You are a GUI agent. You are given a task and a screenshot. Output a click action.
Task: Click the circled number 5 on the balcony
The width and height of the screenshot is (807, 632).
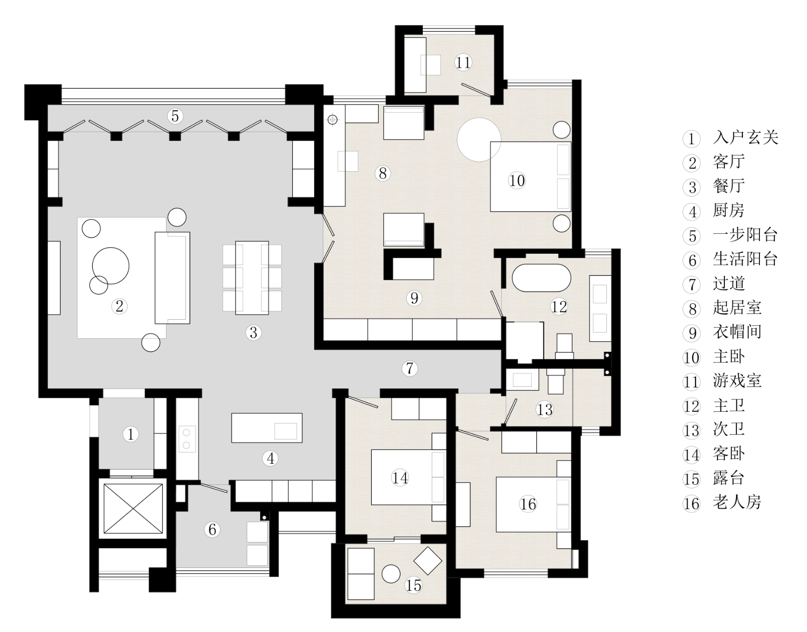[175, 116]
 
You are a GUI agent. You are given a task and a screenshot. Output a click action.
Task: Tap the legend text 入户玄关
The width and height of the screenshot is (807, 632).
[745, 138]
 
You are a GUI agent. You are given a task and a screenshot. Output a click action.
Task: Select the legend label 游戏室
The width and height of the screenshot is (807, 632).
[737, 381]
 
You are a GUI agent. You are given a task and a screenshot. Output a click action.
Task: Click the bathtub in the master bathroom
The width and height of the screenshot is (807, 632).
[541, 278]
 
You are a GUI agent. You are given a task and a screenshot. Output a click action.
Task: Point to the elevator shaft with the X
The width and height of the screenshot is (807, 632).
[133, 508]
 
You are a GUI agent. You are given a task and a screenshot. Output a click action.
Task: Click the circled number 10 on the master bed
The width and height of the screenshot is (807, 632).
[517, 181]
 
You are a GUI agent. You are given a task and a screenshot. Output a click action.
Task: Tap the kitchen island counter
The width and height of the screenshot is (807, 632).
[267, 428]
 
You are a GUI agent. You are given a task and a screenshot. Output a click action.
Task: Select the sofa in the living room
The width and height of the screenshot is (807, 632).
[172, 278]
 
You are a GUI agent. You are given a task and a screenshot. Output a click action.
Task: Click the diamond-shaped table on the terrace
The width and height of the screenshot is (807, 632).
[427, 561]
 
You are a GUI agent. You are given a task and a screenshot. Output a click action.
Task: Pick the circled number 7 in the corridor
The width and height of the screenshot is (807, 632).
[410, 368]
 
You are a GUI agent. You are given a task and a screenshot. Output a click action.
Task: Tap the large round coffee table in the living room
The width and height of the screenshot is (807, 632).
[111, 266]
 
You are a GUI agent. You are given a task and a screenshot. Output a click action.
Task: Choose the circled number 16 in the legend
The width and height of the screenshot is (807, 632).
[691, 504]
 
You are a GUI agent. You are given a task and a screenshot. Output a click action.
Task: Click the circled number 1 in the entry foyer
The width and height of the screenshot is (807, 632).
[131, 434]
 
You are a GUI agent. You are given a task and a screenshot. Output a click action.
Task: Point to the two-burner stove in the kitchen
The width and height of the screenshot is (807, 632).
[187, 439]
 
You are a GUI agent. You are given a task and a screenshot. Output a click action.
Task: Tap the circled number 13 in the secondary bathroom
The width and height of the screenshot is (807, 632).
[545, 410]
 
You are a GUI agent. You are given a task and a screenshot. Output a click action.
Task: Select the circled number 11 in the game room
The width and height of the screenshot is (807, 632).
[463, 63]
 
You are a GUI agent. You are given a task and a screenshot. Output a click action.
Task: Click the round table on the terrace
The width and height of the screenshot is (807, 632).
[391, 573]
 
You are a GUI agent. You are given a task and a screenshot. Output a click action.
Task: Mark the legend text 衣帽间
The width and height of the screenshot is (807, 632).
[737, 332]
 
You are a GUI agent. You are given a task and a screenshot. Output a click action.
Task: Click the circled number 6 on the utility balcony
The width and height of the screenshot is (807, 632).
[213, 529]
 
